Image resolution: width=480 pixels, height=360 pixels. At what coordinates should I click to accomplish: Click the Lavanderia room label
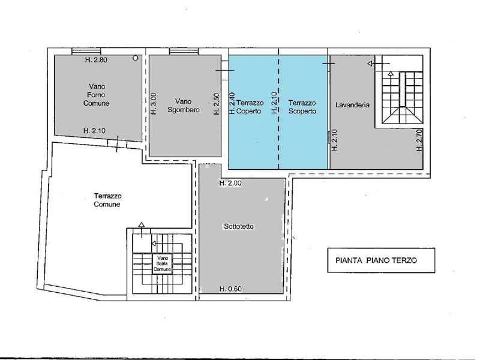pos(352,104)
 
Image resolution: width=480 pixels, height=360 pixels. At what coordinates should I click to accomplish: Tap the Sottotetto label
pos(239,227)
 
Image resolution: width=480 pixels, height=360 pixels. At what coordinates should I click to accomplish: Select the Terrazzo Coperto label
pos(249,107)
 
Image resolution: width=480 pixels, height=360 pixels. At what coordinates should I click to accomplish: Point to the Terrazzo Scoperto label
pos(302,107)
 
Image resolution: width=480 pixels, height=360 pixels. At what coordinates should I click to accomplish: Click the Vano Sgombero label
pos(184,106)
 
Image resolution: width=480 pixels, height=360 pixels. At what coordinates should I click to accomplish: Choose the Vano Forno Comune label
pos(97,95)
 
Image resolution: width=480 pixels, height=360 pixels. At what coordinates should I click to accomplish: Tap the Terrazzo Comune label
pos(107,200)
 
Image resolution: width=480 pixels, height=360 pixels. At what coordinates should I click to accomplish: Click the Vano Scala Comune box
pos(162,264)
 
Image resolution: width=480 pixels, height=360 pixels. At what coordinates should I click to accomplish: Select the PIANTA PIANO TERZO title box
pos(381,260)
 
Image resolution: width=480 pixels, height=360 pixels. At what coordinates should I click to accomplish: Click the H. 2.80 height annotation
pos(96,59)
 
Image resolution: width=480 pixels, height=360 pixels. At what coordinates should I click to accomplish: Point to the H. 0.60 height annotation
pos(230,289)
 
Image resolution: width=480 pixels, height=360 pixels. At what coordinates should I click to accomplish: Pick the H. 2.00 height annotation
pos(230,183)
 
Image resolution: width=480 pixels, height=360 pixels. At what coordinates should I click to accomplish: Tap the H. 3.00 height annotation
pos(154,104)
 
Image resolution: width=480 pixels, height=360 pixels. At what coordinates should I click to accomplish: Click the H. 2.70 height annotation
pos(419,140)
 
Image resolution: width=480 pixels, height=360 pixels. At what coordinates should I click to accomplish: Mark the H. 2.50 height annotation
pos(217,104)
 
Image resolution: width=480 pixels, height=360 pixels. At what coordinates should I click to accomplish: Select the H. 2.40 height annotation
pos(232,103)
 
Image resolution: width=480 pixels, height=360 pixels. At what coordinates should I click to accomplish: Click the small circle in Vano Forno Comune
pos(136,58)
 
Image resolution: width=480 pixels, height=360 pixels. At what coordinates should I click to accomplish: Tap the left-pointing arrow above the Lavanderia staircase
pos(379,64)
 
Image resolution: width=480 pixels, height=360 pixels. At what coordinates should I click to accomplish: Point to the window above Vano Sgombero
pos(184,52)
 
